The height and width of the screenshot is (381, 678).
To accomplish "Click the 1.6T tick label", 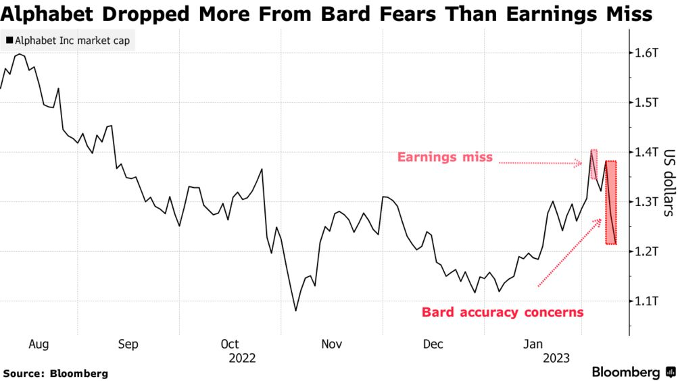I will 646,53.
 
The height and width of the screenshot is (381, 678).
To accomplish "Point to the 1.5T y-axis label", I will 646,103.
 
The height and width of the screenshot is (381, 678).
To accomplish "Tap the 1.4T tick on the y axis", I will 646,152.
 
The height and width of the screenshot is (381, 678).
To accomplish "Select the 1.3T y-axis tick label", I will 646,202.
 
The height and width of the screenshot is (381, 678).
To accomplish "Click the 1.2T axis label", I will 646,251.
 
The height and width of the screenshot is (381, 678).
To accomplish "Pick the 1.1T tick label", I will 646,301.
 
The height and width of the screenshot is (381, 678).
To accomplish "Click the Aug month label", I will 39,345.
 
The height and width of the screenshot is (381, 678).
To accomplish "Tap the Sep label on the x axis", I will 128,345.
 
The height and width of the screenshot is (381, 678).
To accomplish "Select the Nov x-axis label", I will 331,345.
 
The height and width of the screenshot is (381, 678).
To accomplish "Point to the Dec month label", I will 433,345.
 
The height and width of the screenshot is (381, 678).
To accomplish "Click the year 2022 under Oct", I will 241,358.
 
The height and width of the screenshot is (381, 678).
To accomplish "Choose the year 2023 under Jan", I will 556,358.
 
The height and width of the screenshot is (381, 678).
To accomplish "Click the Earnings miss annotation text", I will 445,158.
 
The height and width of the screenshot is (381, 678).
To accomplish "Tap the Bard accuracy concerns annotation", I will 502,312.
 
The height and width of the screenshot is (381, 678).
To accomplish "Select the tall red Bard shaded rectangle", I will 610,203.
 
